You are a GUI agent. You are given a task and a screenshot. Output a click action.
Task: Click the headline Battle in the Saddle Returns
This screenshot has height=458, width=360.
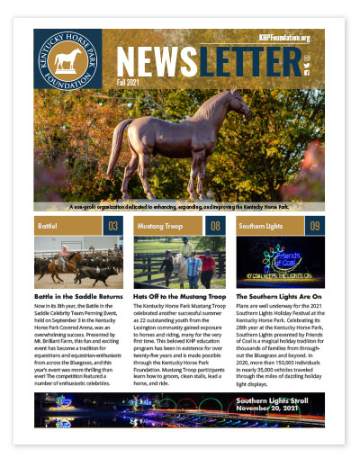80,294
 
